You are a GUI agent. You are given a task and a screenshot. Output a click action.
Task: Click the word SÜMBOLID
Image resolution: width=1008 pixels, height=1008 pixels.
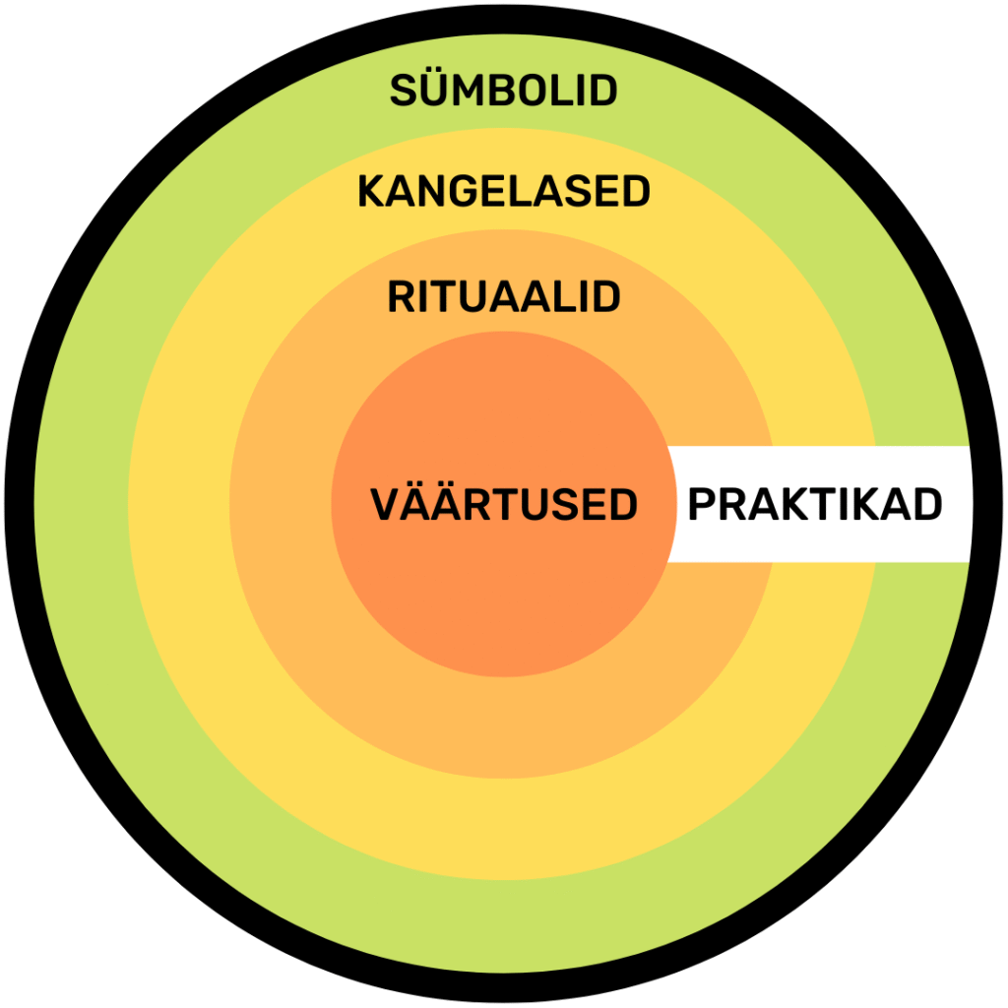click(x=503, y=91)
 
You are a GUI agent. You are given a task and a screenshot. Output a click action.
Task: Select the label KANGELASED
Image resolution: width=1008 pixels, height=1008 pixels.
click(x=503, y=192)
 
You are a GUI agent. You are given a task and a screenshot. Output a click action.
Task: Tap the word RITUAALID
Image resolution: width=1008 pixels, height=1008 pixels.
click(x=503, y=296)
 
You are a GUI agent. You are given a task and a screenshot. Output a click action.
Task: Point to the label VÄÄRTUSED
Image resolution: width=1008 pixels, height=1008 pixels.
click(x=504, y=504)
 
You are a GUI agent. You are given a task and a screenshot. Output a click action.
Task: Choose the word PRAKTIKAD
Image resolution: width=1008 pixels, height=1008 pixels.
click(x=814, y=505)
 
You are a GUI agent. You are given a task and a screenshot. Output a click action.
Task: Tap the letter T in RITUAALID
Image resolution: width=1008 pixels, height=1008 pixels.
click(x=448, y=296)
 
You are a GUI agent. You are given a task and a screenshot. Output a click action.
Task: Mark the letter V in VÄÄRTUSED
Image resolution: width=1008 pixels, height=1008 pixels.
click(x=386, y=505)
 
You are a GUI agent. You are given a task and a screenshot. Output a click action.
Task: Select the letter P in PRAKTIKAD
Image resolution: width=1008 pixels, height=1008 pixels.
click(x=702, y=505)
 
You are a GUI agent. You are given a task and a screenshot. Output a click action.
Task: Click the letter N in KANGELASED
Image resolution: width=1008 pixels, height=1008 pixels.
click(x=429, y=192)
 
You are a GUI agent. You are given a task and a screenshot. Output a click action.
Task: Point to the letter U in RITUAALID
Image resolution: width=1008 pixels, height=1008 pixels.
click(x=476, y=296)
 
